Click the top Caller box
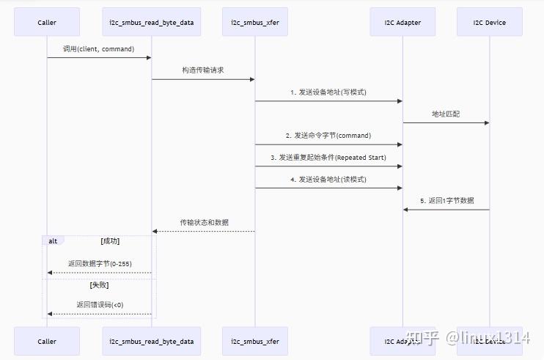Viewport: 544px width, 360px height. [x=47, y=22]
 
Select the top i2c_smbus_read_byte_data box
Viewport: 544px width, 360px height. [x=152, y=22]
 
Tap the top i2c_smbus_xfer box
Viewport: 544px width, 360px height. [x=255, y=22]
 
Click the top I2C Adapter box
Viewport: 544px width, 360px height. [x=403, y=22]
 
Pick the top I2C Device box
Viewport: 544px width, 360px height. [x=490, y=22]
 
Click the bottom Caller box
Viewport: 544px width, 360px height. [x=47, y=341]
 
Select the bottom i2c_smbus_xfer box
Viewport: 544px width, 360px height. [x=255, y=341]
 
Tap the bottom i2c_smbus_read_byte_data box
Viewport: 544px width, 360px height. [x=152, y=341]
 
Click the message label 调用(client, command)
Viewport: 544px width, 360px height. [x=99, y=49]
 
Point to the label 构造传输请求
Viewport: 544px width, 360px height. [x=203, y=70]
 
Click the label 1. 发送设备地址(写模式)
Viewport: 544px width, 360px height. [x=328, y=92]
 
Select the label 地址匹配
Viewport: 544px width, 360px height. [x=446, y=114]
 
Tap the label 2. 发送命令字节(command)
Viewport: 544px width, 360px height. [x=328, y=136]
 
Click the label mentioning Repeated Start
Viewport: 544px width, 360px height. [x=328, y=158]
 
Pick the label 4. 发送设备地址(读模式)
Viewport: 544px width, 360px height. [x=328, y=180]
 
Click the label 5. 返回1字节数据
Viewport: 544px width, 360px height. [x=446, y=201]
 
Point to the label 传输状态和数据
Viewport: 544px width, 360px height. [x=204, y=222]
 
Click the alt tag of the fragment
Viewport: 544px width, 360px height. [x=53, y=240]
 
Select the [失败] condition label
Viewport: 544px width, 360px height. [x=100, y=284]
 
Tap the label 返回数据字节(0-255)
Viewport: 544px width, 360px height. [x=100, y=264]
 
